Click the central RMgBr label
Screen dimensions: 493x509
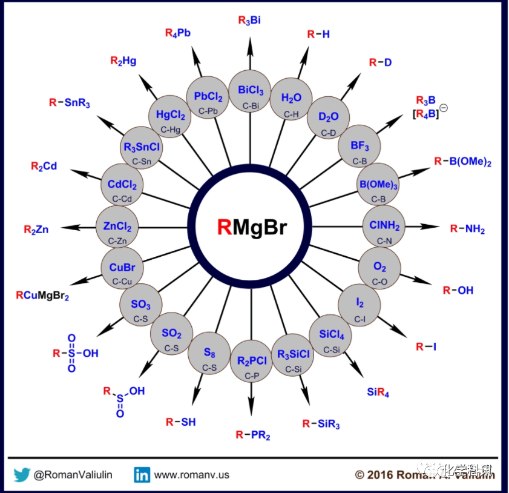[252, 227]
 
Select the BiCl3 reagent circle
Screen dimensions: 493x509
[251, 94]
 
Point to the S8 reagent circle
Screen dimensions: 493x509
[209, 356]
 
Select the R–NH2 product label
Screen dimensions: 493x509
[467, 228]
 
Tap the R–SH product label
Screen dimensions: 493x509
[181, 422]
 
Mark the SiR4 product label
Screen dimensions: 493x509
[378, 392]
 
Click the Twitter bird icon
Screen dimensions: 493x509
[22, 475]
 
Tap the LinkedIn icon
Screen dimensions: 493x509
[142, 475]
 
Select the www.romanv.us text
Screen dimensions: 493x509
[191, 475]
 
